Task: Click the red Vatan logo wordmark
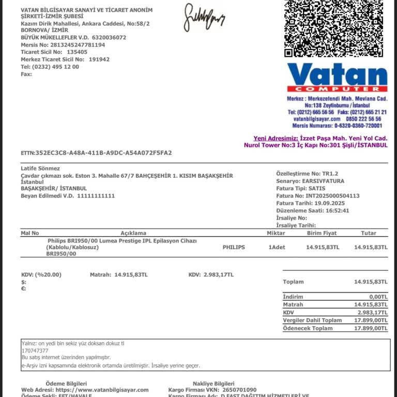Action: click(x=337, y=75)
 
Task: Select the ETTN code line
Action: click(x=96, y=153)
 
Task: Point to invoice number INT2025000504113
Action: click(x=333, y=196)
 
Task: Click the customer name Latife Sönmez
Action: click(x=40, y=169)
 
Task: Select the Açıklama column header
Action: click(x=133, y=233)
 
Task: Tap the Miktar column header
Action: click(x=276, y=233)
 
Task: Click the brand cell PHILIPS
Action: click(x=234, y=248)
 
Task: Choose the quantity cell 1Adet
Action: click(x=277, y=248)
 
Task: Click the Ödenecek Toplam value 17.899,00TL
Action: click(x=371, y=328)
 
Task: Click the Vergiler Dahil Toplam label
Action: click(x=312, y=320)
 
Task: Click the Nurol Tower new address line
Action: click(x=316, y=145)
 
